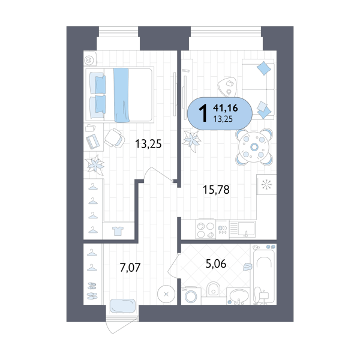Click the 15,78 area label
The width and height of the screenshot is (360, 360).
coord(216,190)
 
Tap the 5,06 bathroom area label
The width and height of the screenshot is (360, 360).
coord(216,264)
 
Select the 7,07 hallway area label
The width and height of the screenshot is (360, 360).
coord(130,268)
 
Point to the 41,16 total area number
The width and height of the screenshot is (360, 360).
coord(225,107)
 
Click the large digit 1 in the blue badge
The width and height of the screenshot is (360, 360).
coord(203,113)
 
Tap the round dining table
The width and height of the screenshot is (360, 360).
coord(254,147)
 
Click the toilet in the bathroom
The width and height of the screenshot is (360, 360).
coord(213,290)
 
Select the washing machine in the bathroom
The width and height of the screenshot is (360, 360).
coord(191,296)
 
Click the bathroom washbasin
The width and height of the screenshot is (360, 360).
coord(239,295)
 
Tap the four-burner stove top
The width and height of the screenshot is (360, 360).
coord(205,230)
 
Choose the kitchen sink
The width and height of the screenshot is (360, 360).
coord(246,229)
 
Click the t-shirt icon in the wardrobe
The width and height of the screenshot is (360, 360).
coord(118,231)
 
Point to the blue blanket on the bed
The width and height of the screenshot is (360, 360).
coord(121,95)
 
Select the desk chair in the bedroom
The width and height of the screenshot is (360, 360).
coord(115,138)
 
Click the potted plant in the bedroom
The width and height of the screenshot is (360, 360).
coord(94,164)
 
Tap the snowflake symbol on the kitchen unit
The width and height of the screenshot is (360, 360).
coord(266,184)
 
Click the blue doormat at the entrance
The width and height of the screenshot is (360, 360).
coord(122,306)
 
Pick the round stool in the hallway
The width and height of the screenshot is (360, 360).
coord(166,294)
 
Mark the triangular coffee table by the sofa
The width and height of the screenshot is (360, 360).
coord(227,87)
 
